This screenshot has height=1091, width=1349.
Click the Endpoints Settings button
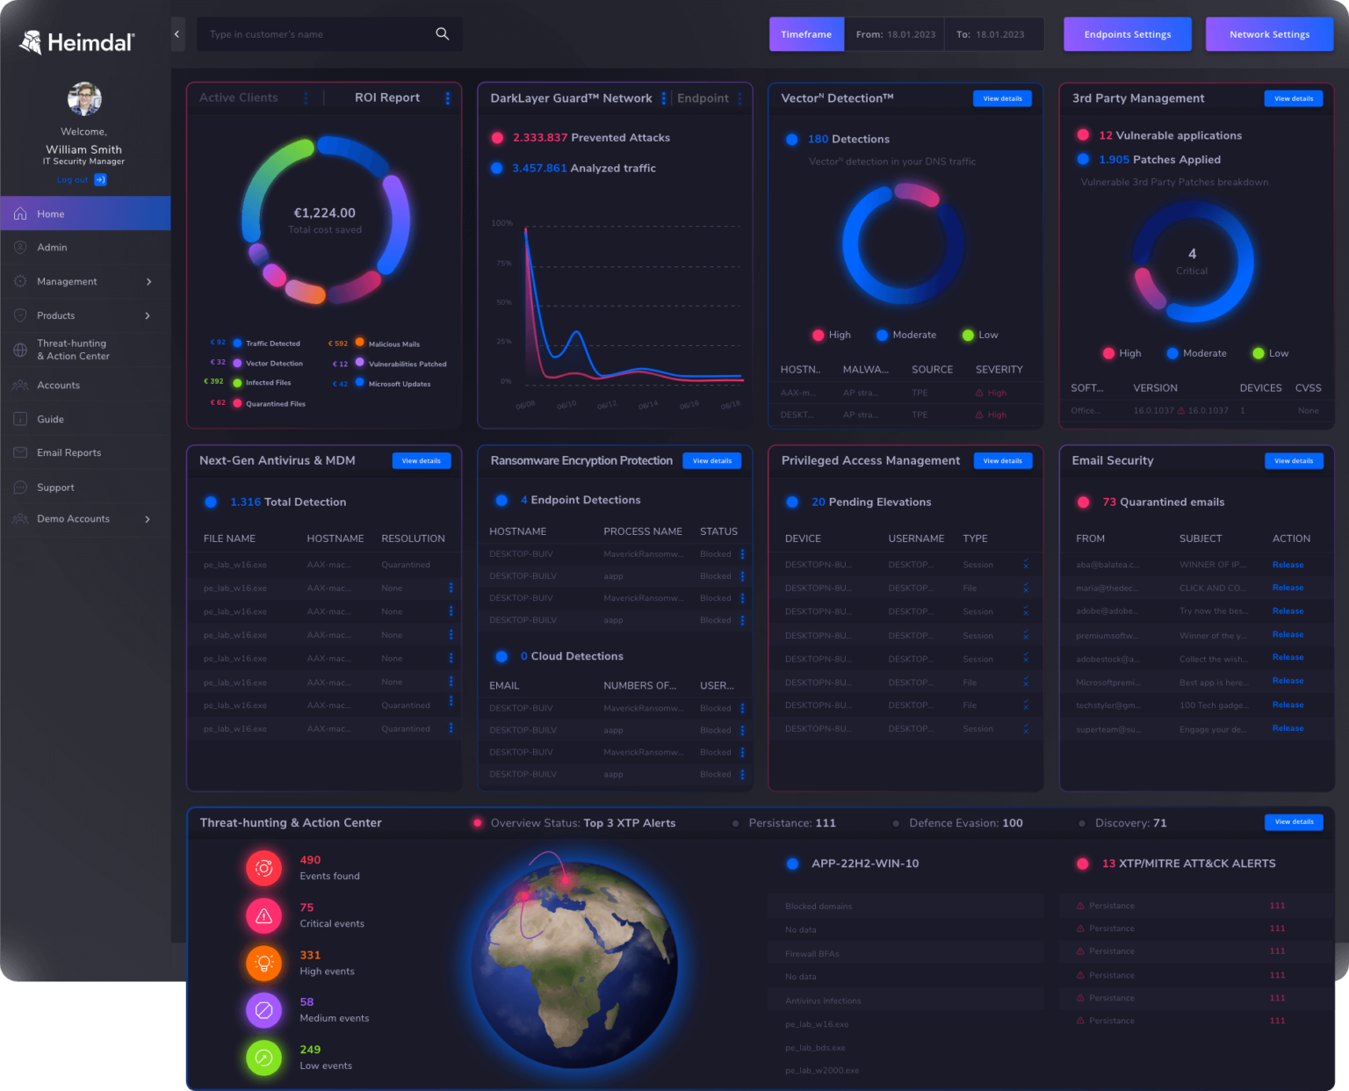pos(1127,34)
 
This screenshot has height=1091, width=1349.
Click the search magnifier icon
pos(443,34)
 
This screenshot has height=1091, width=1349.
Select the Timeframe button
pos(806,34)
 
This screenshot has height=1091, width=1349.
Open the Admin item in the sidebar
pos(52,248)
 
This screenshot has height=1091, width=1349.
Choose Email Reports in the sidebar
pos(69,453)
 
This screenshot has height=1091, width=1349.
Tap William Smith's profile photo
pos(84,99)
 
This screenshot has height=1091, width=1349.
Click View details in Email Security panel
pos(1293,461)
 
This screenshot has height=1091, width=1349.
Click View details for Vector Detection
pos(1002,99)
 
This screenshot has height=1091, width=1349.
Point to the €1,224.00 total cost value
pos(324,213)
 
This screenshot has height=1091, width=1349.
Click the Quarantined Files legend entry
pos(275,404)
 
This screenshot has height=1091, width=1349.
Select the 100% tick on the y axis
pos(502,223)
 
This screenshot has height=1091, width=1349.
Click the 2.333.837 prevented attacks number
pos(539,138)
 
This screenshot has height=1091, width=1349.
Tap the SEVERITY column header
pos(999,370)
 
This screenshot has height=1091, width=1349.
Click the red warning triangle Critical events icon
pos(263,916)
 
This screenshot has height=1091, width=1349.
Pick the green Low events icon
pos(263,1058)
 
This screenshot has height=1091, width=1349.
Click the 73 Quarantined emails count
pos(1109,502)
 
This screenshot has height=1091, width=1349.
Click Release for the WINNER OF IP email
pos(1288,565)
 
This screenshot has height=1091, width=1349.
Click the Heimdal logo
pos(77,42)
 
